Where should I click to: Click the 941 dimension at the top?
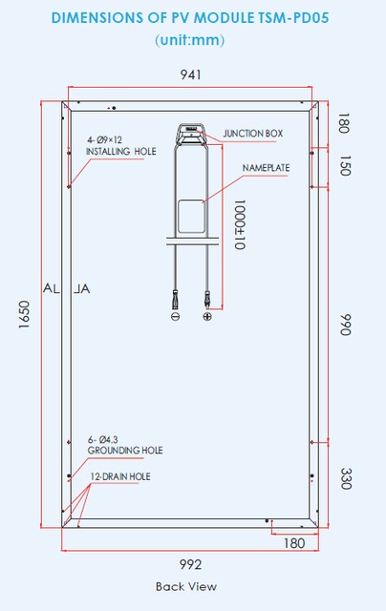pos(191,74)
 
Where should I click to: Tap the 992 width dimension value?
pos(191,564)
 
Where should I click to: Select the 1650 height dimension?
pos(24,314)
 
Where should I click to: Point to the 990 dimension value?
pos(346,325)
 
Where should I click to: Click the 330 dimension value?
pos(346,478)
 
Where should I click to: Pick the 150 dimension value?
pos(346,165)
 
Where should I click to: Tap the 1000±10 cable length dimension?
pos(240,224)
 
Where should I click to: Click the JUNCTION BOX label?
pos(253,134)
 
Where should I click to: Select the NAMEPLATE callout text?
pos(266,168)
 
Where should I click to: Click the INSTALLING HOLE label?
pos(121,151)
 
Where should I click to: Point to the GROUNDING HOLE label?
pos(125,451)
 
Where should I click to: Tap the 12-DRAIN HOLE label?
pos(120,476)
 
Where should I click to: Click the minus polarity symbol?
pos(176,316)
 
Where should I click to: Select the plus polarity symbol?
pos(207,316)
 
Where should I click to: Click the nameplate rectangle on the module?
pos(191,217)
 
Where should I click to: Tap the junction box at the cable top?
pos(191,135)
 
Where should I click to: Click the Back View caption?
pos(186,586)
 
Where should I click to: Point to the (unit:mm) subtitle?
pos(190,40)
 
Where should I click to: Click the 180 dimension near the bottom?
pos(294,543)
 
